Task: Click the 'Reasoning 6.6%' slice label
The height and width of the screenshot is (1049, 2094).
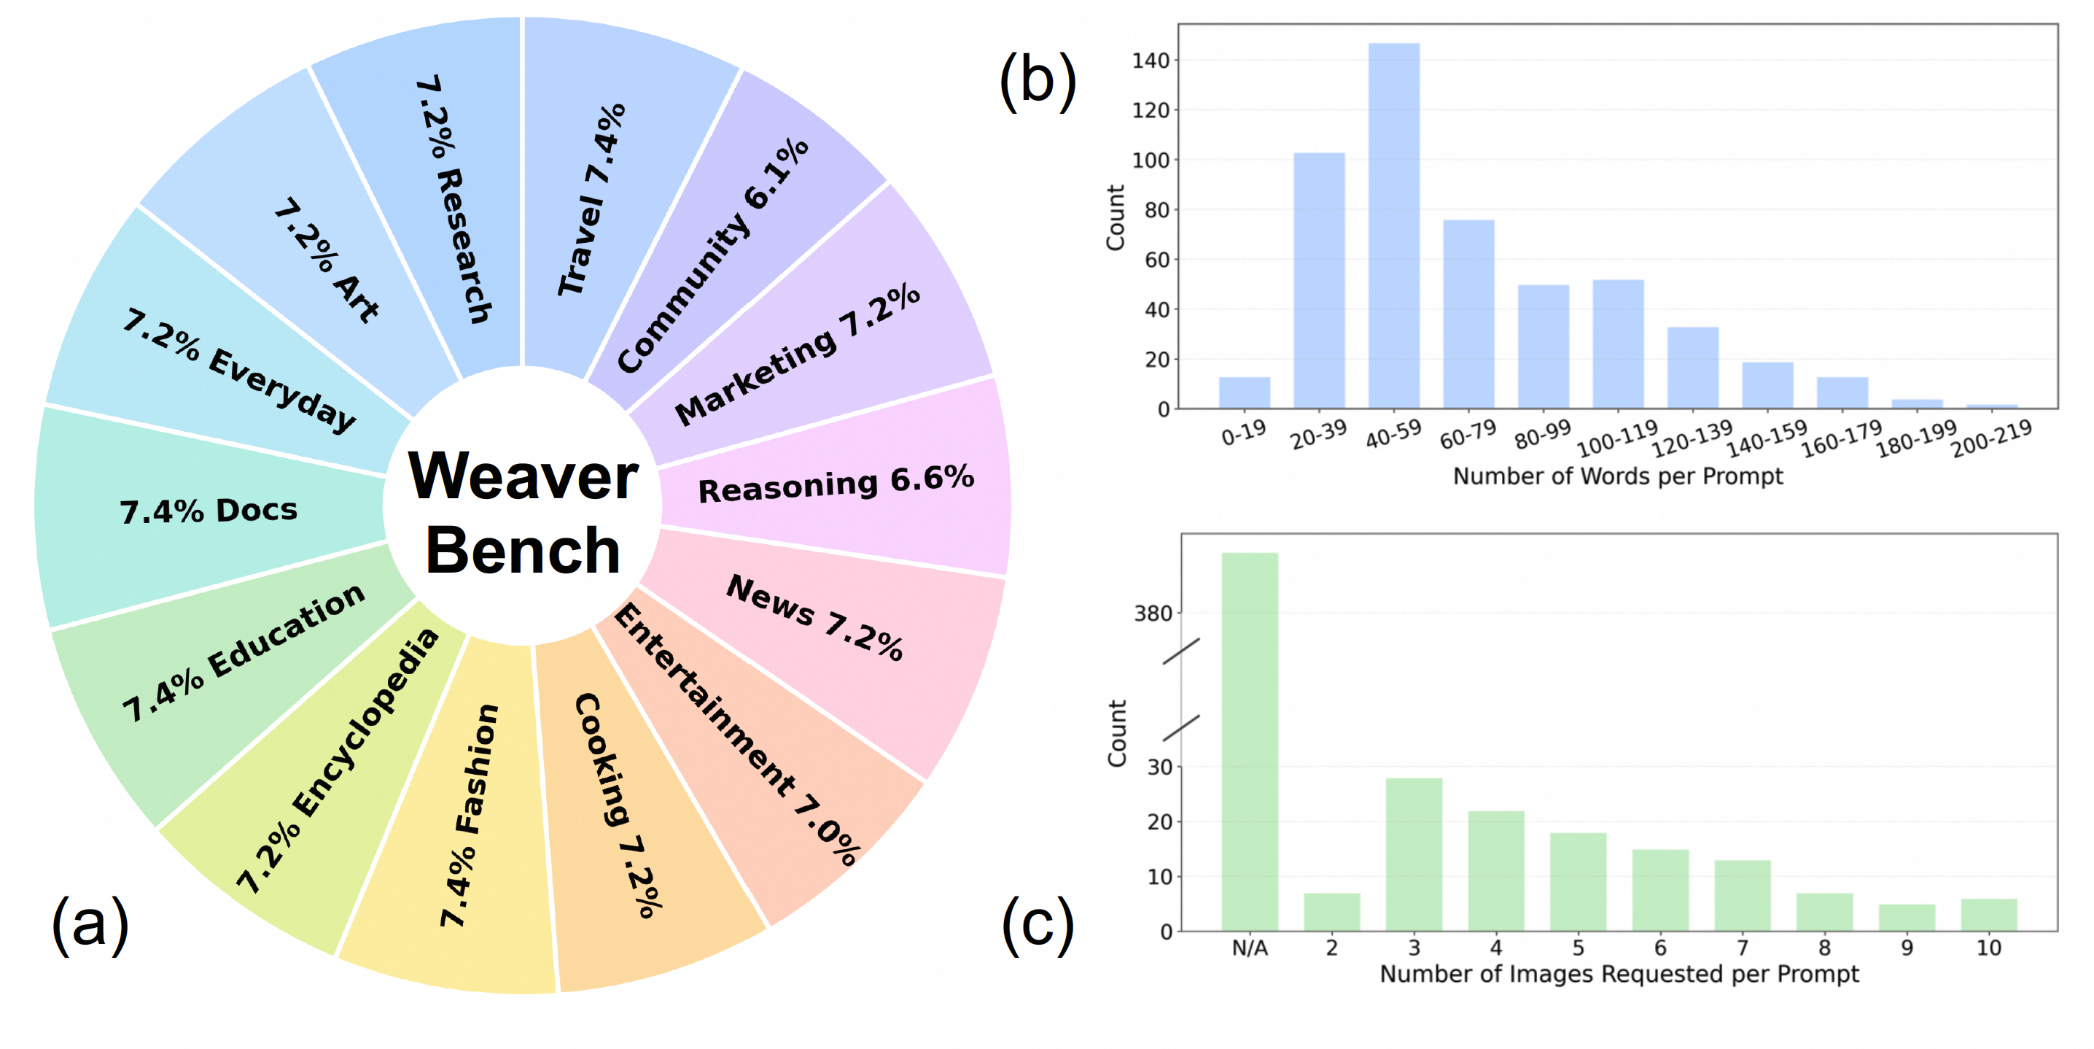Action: [836, 484]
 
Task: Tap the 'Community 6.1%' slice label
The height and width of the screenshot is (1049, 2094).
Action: [712, 255]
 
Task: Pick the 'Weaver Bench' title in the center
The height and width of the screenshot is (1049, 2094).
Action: [523, 512]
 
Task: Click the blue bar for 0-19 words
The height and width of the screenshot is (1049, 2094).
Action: [1244, 392]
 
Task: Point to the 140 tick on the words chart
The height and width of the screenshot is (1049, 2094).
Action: [1151, 60]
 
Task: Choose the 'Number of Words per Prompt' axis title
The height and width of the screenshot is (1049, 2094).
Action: [1618, 476]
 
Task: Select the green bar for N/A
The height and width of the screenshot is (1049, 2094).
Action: [1250, 740]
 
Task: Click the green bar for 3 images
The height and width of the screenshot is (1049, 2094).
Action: [1414, 853]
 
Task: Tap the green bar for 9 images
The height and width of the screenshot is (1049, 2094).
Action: [1906, 917]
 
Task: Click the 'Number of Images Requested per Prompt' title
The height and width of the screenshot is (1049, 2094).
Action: [1619, 973]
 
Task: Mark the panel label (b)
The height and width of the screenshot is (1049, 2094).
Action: [1038, 81]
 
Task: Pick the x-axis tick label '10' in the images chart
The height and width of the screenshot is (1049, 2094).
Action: [1988, 948]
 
